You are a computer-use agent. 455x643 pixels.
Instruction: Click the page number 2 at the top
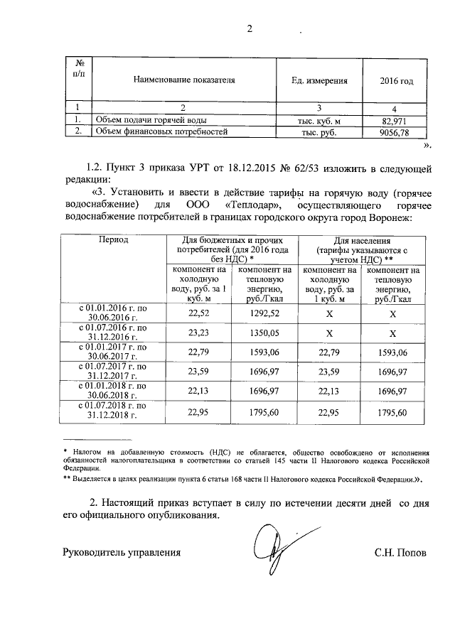tap(250, 29)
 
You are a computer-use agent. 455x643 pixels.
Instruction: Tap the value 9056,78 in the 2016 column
tap(395, 132)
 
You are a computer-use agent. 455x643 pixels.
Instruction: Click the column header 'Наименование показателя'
tap(184, 81)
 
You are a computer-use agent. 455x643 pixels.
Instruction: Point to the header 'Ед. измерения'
tap(319, 81)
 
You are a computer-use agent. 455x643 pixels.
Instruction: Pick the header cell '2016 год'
tap(396, 81)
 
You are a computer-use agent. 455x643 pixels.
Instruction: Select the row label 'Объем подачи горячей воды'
tap(146, 121)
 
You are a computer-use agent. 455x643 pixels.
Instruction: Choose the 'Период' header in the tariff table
tap(114, 241)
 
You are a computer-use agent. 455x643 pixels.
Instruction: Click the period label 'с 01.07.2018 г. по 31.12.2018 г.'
tap(112, 410)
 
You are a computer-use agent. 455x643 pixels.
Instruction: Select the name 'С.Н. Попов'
tap(400, 552)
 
